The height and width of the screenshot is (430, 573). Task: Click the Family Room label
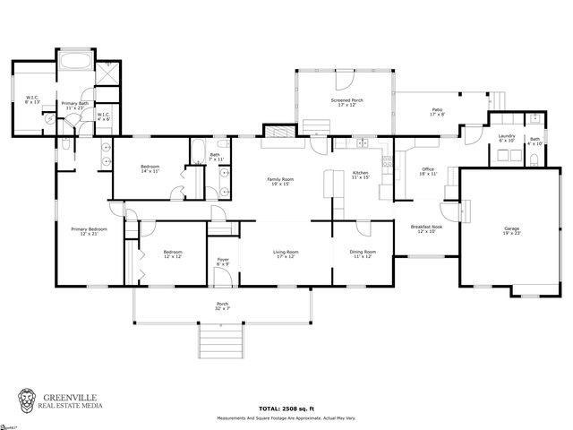[280, 182]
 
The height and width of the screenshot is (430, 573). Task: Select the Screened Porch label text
[345, 103]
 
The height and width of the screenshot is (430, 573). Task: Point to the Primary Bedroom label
[90, 231]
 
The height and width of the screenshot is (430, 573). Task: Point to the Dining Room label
[363, 254]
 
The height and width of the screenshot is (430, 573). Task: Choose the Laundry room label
[506, 138]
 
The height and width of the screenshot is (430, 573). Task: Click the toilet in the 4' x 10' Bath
[534, 158]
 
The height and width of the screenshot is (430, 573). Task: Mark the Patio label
[437, 112]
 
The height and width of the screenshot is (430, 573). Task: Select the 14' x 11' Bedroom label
[150, 168]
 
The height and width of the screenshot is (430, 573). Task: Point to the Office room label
[428, 171]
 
